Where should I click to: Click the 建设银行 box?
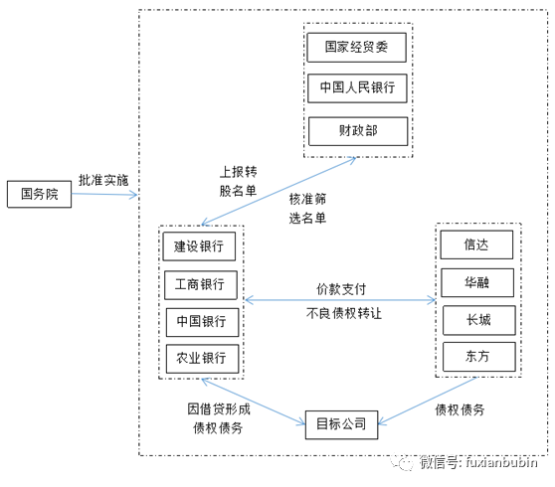pos(200,245)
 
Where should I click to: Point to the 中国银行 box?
pos(200,321)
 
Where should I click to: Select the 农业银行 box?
pos(200,358)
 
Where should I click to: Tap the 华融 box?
pos(476,283)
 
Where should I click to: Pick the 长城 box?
pos(476,320)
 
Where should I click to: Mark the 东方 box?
pos(476,357)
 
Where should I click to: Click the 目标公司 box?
pos(340,424)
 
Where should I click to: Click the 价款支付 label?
pos(342,288)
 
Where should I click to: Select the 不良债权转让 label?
pos(342,312)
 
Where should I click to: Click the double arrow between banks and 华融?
pos(341,299)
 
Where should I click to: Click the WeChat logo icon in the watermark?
pos(403,463)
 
